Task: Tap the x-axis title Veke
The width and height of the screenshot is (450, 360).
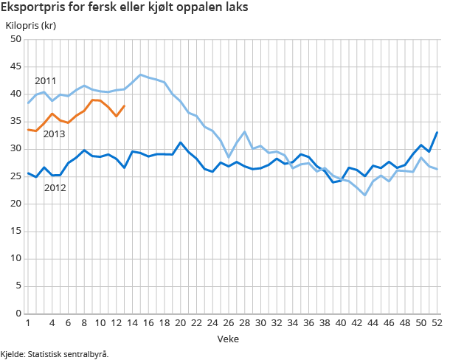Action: tap(227, 338)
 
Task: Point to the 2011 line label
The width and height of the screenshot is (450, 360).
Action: tap(45, 80)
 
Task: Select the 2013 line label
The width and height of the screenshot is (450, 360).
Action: tap(54, 134)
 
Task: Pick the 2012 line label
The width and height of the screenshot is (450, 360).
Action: tap(55, 187)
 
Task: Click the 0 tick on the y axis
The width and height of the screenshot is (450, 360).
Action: tap(18, 314)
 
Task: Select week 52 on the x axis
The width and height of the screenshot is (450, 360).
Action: tap(437, 323)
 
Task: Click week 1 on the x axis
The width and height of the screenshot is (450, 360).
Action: tap(27, 323)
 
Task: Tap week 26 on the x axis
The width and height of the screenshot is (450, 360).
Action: tap(229, 323)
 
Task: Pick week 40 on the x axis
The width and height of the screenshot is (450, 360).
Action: tap(341, 323)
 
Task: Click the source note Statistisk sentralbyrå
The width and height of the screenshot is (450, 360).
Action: tap(55, 354)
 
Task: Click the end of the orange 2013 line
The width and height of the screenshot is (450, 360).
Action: tap(124, 105)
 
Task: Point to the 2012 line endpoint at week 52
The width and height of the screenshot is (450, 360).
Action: tap(437, 133)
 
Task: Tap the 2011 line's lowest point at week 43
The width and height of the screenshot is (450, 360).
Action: tap(365, 195)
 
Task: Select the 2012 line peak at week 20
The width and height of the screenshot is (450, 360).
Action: tap(181, 142)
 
